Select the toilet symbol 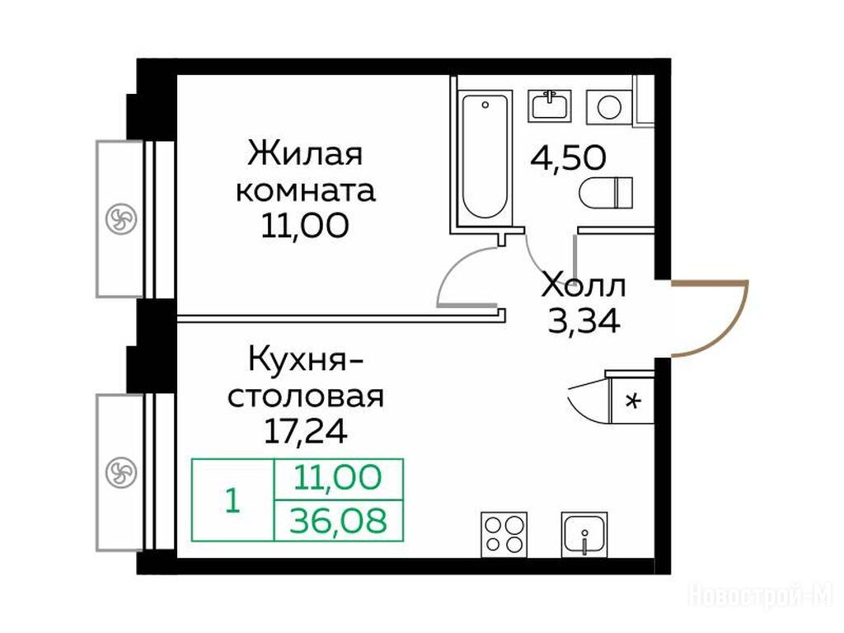606,192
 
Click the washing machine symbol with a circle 609,106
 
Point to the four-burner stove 504,534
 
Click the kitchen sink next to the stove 584,534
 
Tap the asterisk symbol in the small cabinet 635,401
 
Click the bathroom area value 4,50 569,157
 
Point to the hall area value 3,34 584,321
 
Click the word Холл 584,285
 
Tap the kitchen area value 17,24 305,430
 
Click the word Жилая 305,153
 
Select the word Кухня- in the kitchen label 306,359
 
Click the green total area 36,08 339,521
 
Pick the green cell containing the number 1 233,500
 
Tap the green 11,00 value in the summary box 339,477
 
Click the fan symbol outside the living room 121,218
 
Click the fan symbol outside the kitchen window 121,472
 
